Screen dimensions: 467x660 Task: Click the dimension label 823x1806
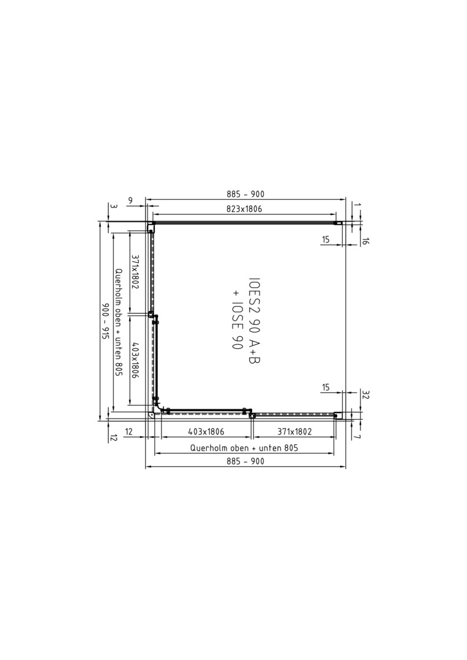(x=244, y=209)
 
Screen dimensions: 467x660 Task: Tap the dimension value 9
(x=130, y=201)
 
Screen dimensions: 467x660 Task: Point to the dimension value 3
(x=113, y=207)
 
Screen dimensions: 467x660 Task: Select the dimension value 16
(x=365, y=241)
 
